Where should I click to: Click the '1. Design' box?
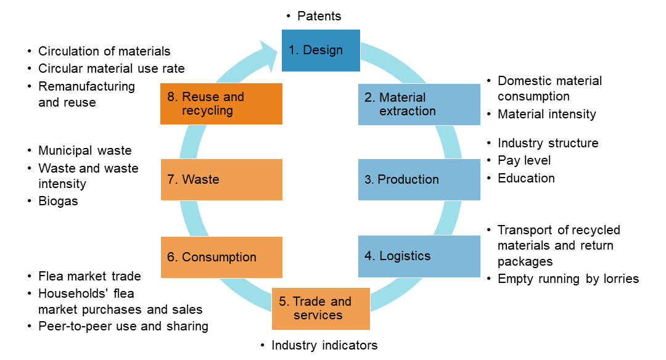(321, 51)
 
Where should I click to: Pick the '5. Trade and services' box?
(321, 308)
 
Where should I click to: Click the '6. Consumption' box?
(221, 257)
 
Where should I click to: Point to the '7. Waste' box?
(221, 179)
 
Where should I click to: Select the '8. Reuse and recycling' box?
(221, 104)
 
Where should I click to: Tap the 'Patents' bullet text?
(319, 16)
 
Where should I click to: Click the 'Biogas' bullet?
(58, 201)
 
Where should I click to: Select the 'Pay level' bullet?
(524, 160)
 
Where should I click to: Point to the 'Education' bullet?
(526, 178)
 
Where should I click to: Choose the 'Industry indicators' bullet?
(324, 345)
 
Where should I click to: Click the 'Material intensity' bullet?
(546, 114)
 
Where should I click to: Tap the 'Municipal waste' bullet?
(84, 150)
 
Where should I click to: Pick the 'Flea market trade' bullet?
(89, 276)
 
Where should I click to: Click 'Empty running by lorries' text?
(568, 279)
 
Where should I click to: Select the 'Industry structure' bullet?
(548, 143)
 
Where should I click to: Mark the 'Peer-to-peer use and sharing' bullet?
(123, 326)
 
